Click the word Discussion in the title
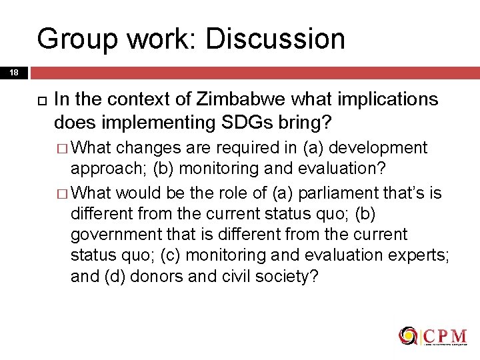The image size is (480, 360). tap(275, 39)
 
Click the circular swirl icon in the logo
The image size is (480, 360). tap(407, 335)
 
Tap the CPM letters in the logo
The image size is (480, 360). tap(445, 335)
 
